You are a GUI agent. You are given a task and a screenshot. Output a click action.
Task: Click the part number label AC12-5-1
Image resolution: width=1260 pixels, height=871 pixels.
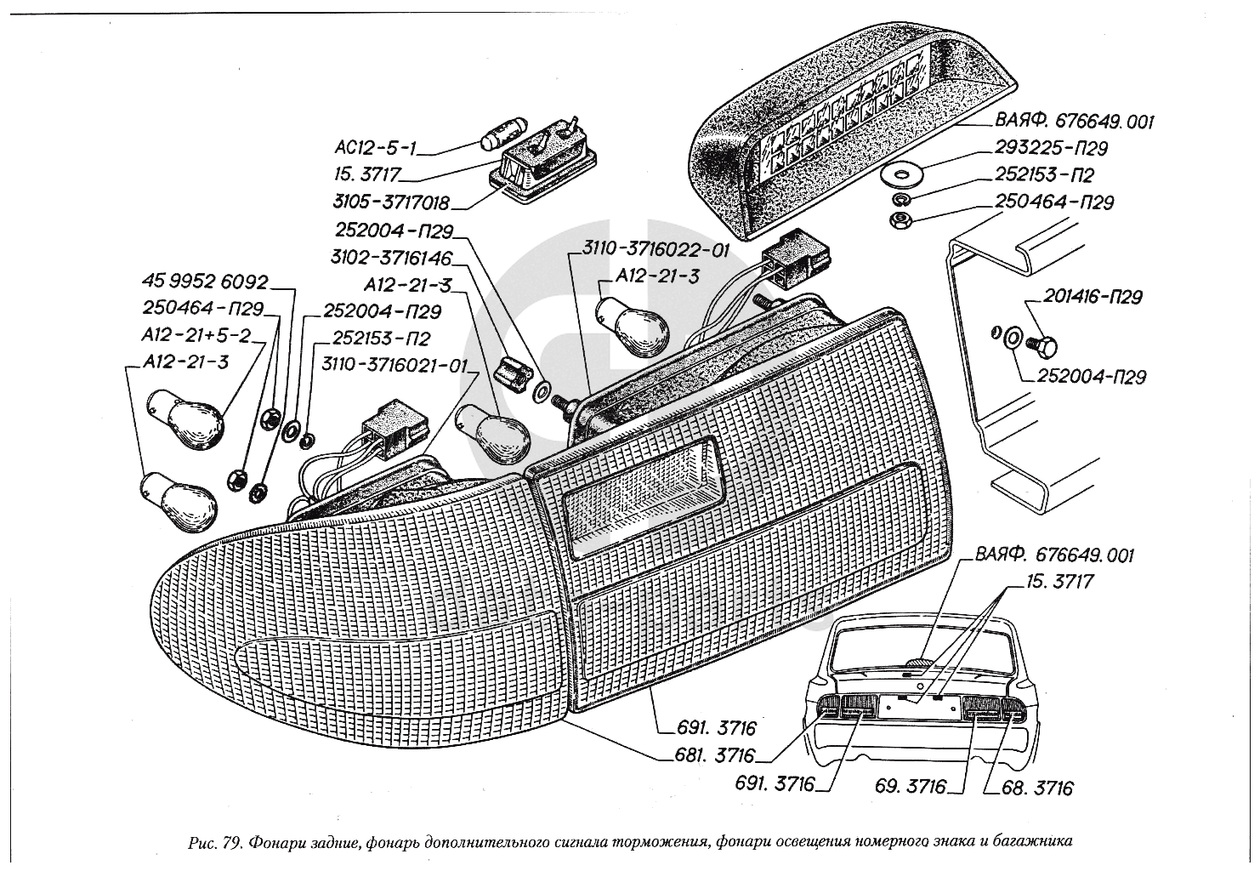click(x=375, y=149)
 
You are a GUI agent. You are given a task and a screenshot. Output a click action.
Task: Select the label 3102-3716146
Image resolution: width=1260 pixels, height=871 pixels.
click(x=391, y=258)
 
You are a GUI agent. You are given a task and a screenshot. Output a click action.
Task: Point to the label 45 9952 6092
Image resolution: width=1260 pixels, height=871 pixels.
click(x=205, y=282)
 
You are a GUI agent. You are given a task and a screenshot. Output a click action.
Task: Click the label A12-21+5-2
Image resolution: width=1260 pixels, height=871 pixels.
click(x=196, y=335)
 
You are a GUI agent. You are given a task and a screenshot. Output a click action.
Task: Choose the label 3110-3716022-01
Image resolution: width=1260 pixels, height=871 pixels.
click(x=656, y=249)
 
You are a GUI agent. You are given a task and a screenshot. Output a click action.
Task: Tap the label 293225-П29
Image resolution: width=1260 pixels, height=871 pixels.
click(x=1051, y=148)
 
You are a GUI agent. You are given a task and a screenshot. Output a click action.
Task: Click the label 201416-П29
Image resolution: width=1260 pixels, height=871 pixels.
click(x=1093, y=297)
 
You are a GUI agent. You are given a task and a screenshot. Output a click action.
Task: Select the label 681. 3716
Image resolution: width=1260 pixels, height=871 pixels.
click(x=715, y=755)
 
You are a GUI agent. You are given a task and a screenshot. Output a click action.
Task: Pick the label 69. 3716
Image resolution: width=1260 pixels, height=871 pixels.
click(x=910, y=786)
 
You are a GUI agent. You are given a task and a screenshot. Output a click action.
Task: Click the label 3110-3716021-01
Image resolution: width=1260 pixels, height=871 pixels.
click(x=394, y=365)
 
